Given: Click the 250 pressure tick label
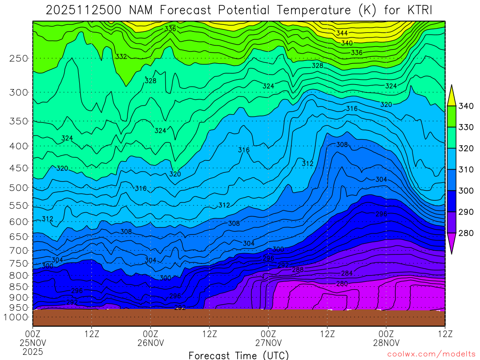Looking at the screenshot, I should [18, 59].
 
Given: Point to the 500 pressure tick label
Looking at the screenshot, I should [18, 188].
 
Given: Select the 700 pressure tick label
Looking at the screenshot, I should [18, 251].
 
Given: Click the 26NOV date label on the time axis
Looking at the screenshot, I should [150, 343].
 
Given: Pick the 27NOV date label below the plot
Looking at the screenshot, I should [268, 343].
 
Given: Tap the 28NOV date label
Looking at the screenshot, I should [386, 343].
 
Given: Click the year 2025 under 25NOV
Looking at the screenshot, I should [33, 352].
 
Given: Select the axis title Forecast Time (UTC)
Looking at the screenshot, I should [239, 355].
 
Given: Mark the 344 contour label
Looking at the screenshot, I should [342, 33].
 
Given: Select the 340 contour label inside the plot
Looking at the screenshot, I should [347, 43].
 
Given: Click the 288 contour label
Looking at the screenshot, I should [298, 270].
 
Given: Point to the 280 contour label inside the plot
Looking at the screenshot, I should [342, 284].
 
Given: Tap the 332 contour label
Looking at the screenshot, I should [121, 57].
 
